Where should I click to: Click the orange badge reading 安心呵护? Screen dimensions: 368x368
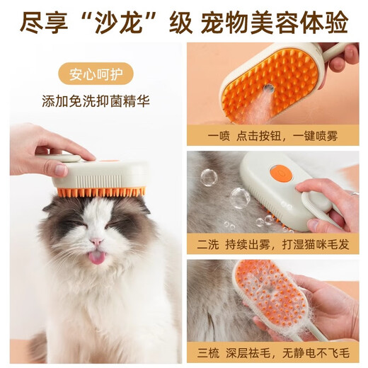pos(96,73)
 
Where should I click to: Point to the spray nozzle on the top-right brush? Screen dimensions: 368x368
pos(270,88)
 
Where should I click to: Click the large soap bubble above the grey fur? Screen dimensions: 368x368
pos(209,177)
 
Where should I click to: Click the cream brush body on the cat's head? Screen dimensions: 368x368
pos(103,173)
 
